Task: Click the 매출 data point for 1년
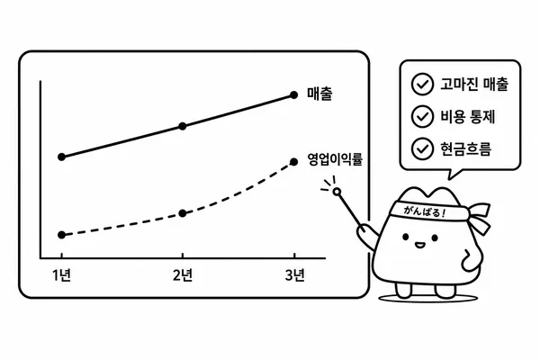tap(61, 157)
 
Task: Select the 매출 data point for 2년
tap(183, 126)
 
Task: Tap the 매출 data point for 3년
tap(293, 94)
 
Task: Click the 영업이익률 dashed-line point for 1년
tap(61, 235)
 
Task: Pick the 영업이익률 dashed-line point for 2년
tap(183, 213)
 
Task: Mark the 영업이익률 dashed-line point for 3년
tap(293, 162)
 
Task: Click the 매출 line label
tap(319, 94)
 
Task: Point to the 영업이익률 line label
tap(335, 159)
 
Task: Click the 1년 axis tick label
tap(61, 275)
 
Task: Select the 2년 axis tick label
tap(183, 275)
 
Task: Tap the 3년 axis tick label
tap(295, 275)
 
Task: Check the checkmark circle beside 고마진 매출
tap(422, 84)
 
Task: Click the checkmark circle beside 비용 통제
tap(422, 116)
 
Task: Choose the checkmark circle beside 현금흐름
tap(422, 148)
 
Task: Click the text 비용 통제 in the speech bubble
tap(468, 116)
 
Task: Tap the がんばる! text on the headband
tap(424, 211)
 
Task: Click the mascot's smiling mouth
tap(419, 245)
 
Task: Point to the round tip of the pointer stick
tap(337, 192)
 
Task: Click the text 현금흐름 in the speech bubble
tap(465, 148)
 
